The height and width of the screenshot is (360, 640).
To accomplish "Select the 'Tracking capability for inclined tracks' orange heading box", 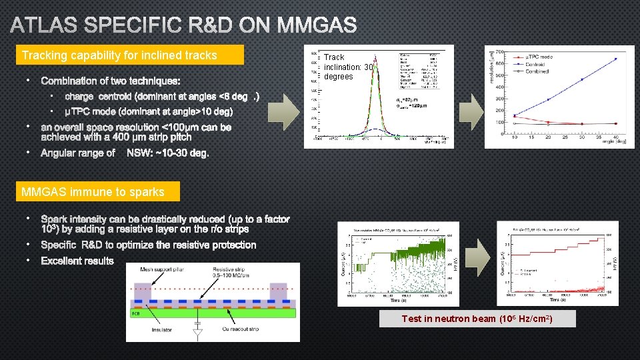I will (130, 55).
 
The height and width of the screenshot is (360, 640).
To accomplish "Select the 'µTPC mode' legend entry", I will (537, 57).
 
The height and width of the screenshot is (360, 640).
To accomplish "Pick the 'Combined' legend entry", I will (537, 71).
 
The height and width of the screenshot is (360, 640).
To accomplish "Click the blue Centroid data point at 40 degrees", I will (615, 59).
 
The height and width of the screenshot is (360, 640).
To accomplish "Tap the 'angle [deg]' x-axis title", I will (614, 141).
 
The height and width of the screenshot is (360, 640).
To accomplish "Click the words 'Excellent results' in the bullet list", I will (77, 261).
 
